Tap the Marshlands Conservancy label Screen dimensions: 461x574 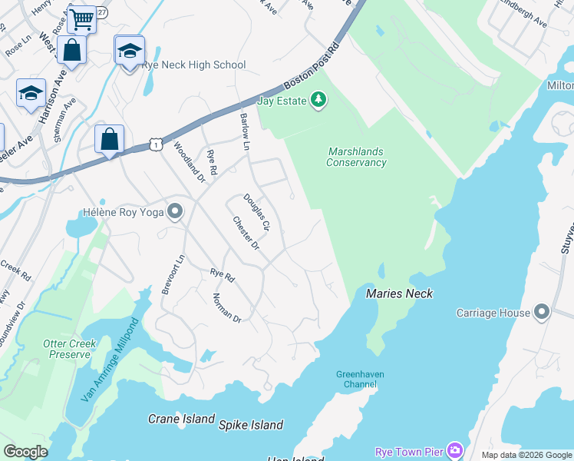tap(356, 158)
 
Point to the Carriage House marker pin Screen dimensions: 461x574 tap(542, 312)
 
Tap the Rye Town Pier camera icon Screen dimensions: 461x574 tap(454, 450)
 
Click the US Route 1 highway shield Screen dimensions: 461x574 tap(156, 144)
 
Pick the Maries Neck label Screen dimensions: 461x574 tap(399, 294)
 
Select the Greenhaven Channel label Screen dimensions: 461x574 tap(359, 379)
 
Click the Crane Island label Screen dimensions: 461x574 tap(181, 420)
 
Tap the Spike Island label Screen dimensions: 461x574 tap(251, 425)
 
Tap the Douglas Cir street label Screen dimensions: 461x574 tap(257, 213)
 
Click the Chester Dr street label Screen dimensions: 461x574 tap(246, 233)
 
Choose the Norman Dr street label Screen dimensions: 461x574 tap(227, 307)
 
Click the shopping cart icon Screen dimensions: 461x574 tap(81, 18)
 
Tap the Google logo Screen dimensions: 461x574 tap(25, 452)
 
